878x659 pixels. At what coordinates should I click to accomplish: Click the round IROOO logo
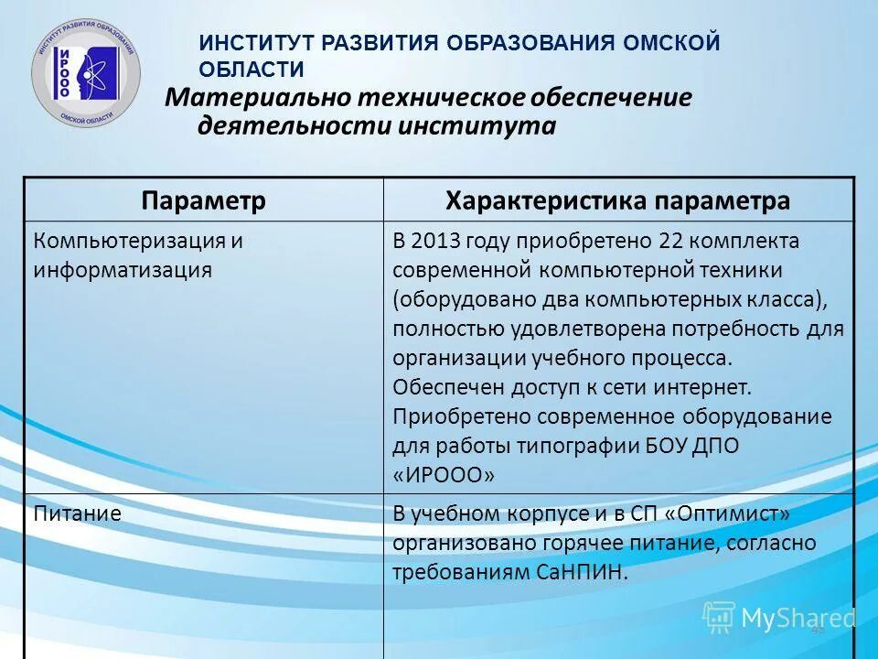coord(86,72)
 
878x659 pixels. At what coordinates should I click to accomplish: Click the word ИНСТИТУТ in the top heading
coord(249,43)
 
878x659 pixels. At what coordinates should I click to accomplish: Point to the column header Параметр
coord(203,200)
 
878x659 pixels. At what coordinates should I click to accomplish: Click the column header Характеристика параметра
coord(617,200)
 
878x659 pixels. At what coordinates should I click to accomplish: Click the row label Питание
coord(78,513)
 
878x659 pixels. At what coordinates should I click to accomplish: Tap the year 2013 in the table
coord(438,241)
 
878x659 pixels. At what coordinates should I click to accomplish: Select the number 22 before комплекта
coord(668,241)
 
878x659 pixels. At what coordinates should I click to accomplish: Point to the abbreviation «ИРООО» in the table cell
coord(444,475)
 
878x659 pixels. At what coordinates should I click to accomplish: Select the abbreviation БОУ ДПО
coord(697,446)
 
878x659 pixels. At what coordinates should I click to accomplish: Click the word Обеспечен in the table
coord(440,387)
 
